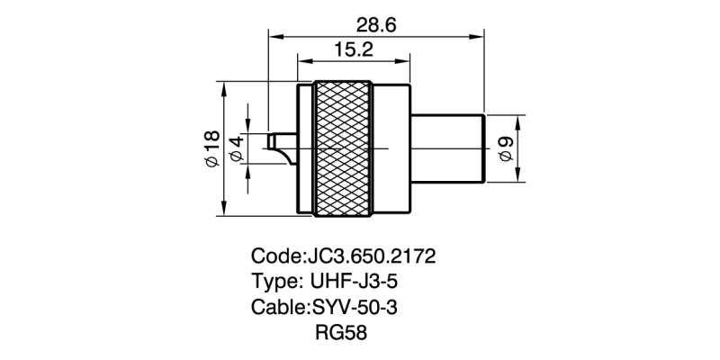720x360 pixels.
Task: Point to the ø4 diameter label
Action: pos(238,149)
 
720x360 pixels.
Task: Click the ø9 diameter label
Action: pos(505,149)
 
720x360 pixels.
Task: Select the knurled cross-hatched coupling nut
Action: pos(342,148)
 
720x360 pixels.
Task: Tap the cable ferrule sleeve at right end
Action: pos(448,148)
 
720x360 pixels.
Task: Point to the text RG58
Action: pos(341,333)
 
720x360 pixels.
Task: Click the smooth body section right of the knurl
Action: pos(391,148)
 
